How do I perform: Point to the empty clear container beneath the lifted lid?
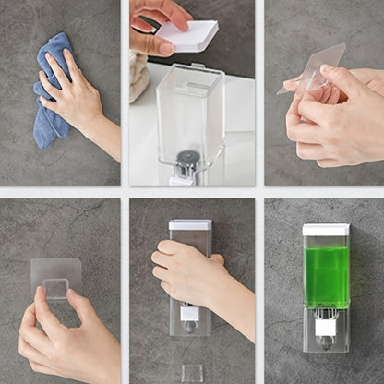click(189, 111)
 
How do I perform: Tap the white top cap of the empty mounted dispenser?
click(190, 224)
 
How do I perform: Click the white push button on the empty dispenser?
click(190, 315)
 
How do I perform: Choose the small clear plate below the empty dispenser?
click(191, 373)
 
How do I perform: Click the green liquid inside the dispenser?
click(326, 276)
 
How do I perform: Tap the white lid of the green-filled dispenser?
click(326, 230)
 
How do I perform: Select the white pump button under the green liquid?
click(325, 327)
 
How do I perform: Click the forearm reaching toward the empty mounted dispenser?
click(235, 309)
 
